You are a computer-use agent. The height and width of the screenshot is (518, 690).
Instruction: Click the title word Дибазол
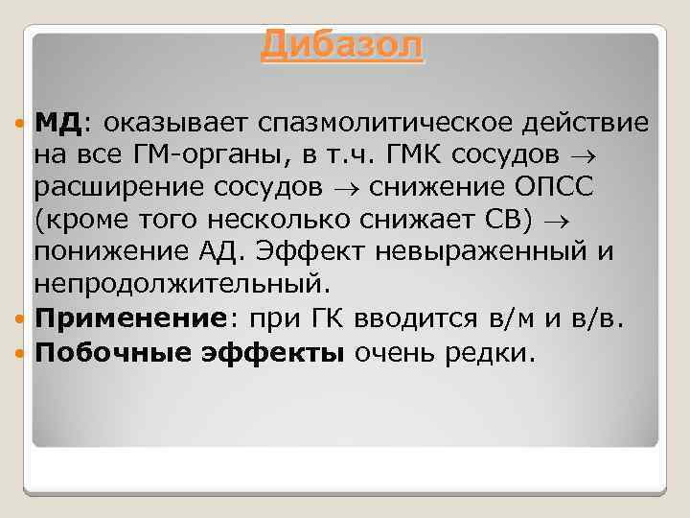coord(341,45)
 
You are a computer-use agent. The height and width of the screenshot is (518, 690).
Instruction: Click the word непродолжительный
coord(181,285)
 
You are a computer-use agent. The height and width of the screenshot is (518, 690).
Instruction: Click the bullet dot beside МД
coord(22,123)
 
